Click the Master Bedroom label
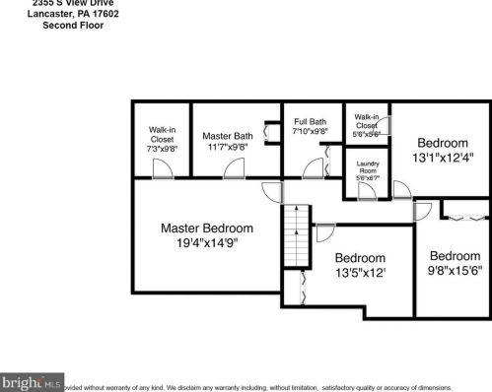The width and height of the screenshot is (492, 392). (207, 228)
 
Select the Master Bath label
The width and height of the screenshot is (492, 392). (228, 135)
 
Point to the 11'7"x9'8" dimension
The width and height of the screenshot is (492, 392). (228, 147)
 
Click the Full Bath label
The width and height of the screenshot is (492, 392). (311, 122)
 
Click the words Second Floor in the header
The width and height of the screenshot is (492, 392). (73, 25)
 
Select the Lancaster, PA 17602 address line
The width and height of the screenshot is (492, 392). (73, 14)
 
